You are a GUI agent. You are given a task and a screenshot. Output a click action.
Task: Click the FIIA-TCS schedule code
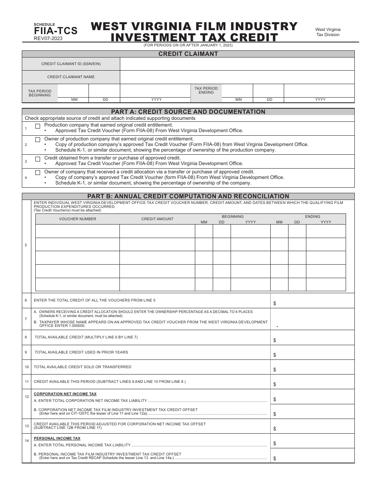(56, 31)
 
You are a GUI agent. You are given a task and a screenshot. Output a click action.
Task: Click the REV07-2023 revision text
(48, 38)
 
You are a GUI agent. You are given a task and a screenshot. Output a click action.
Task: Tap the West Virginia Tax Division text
(328, 32)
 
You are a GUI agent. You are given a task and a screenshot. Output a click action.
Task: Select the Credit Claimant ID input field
(237, 64)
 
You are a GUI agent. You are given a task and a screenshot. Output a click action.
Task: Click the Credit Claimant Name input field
(237, 77)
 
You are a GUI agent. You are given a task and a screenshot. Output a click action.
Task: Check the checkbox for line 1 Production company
(38, 126)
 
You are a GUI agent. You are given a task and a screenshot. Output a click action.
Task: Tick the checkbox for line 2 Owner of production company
(38, 140)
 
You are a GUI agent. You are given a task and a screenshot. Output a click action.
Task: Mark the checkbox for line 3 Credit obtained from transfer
(38, 159)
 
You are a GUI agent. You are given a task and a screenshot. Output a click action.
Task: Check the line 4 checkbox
(38, 173)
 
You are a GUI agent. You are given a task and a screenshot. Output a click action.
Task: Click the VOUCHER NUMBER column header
(77, 219)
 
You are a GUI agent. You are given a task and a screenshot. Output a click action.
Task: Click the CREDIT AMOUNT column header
(157, 219)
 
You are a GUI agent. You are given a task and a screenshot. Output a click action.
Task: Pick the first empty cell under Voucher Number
(77, 231)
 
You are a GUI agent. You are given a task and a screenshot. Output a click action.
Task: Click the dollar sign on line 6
(275, 304)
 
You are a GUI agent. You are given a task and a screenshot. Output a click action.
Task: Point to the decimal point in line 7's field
(277, 326)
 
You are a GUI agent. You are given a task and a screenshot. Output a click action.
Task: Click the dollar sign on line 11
(275, 384)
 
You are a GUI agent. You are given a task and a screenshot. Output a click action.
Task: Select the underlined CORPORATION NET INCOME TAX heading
(65, 394)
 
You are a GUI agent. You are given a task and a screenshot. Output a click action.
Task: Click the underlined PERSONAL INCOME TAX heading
(57, 438)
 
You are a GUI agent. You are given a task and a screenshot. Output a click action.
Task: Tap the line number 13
(27, 426)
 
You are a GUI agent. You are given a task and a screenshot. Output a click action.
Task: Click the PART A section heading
(188, 112)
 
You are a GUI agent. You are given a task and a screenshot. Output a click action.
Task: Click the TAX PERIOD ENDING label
(206, 90)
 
